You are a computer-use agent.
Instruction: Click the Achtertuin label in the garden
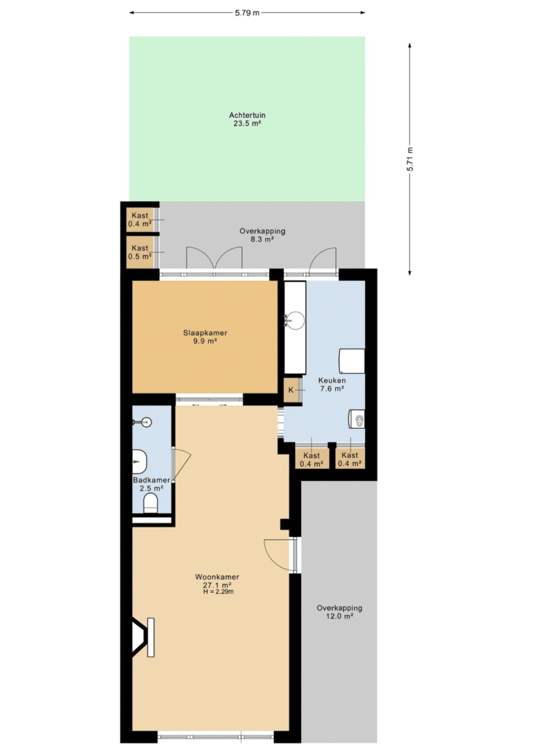(x=247, y=115)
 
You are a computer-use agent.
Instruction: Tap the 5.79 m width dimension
(x=247, y=13)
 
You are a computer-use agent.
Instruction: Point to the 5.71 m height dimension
(x=409, y=159)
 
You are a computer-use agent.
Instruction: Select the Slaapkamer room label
(x=205, y=333)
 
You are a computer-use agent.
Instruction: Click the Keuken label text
(x=332, y=380)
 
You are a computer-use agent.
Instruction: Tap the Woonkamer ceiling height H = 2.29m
(x=219, y=591)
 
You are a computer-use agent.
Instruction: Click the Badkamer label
(x=151, y=480)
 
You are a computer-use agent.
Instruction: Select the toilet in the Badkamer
(x=151, y=504)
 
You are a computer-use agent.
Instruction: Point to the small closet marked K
(x=291, y=390)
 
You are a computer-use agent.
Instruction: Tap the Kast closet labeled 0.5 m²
(x=139, y=252)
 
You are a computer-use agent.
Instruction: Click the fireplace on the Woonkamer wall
(x=143, y=637)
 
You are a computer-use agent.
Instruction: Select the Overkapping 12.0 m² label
(x=339, y=612)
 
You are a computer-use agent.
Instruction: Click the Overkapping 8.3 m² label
(x=262, y=235)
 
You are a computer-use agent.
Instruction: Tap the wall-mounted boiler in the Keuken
(x=356, y=418)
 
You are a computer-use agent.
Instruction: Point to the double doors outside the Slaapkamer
(x=214, y=258)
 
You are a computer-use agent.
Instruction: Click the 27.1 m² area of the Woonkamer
(x=217, y=585)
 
